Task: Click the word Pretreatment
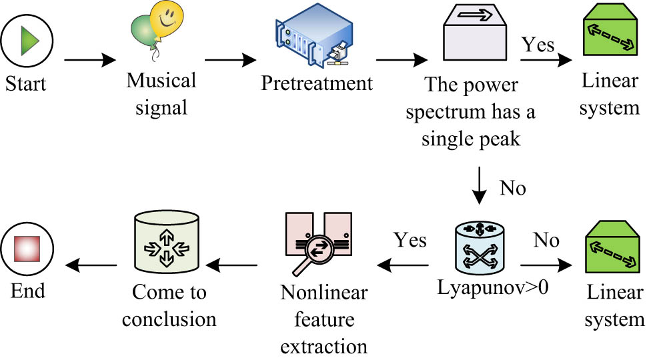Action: pos(316,84)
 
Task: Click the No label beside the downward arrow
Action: pos(512,188)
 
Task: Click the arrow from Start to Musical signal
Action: pos(90,61)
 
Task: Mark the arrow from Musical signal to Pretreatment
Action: pos(231,61)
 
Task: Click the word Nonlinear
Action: pos(324,293)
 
